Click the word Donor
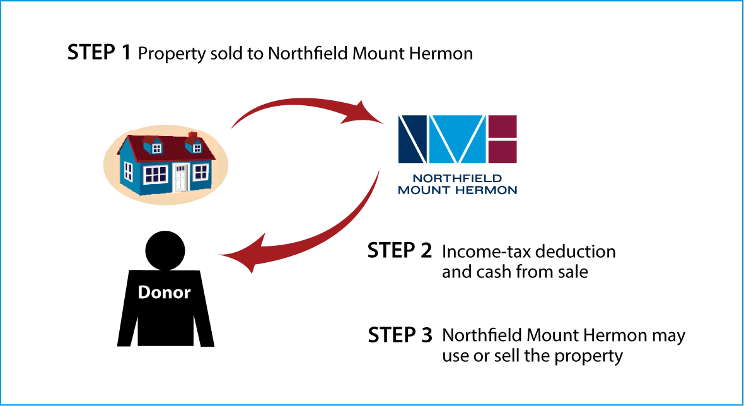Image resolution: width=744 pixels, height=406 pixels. (x=164, y=293)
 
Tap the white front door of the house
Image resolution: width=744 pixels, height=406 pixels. (x=181, y=177)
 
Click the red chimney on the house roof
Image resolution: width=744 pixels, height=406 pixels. (x=193, y=136)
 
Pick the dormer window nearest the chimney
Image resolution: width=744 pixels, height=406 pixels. (x=197, y=148)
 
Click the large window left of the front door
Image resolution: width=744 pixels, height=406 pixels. (x=156, y=174)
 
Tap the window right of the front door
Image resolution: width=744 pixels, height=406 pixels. (x=201, y=171)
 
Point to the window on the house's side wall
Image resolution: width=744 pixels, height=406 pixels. (x=129, y=171)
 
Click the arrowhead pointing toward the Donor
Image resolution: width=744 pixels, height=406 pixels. (x=243, y=253)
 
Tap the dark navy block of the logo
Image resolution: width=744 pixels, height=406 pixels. (x=413, y=138)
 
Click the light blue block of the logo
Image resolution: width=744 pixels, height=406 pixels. (x=457, y=138)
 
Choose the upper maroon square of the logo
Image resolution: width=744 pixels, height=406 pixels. (x=503, y=126)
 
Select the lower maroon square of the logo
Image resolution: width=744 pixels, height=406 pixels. (x=503, y=151)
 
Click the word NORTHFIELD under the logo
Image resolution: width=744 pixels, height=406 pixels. (x=457, y=178)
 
